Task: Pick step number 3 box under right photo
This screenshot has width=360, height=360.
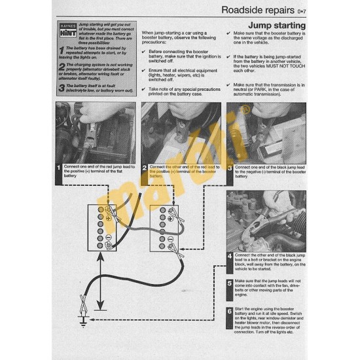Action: pyautogui.click(x=230, y=168)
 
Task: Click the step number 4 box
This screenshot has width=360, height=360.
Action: pyautogui.click(x=230, y=255)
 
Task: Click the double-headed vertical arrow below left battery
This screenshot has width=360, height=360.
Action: pyautogui.click(x=99, y=281)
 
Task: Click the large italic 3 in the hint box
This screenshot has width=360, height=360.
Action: pyautogui.click(x=60, y=87)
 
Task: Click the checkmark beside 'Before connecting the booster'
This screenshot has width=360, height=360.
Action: pyautogui.click(x=145, y=51)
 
